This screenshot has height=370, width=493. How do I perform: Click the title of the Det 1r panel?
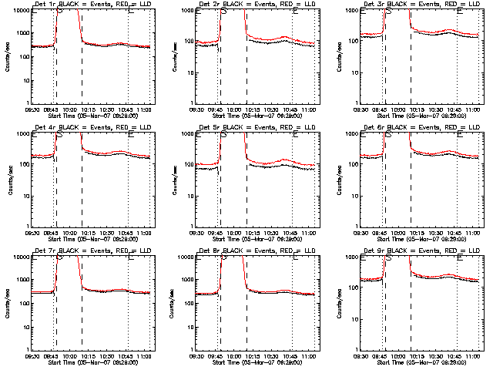95,5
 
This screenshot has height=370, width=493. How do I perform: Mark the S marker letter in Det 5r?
223,134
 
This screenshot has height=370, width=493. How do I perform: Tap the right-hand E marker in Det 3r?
459,12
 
